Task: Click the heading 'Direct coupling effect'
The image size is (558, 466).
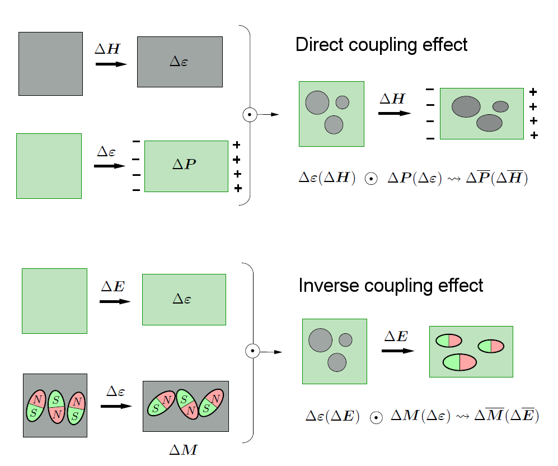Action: coord(381,45)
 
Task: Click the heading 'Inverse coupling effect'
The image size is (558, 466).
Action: coord(391,286)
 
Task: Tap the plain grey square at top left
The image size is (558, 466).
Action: coord(50,63)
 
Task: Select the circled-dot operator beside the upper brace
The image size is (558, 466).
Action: coord(250,115)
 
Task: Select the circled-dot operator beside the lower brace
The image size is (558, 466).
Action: coord(252,351)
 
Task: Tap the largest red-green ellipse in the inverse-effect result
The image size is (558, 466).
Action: coord(459,362)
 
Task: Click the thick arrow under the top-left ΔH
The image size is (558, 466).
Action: coord(111,64)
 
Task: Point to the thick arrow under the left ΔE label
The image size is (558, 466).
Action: coord(115,301)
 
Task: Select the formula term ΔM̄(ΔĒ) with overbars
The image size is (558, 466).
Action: coord(505,416)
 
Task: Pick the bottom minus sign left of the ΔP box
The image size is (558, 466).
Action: coord(136,190)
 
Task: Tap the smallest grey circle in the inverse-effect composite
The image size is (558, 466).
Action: coord(345,340)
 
